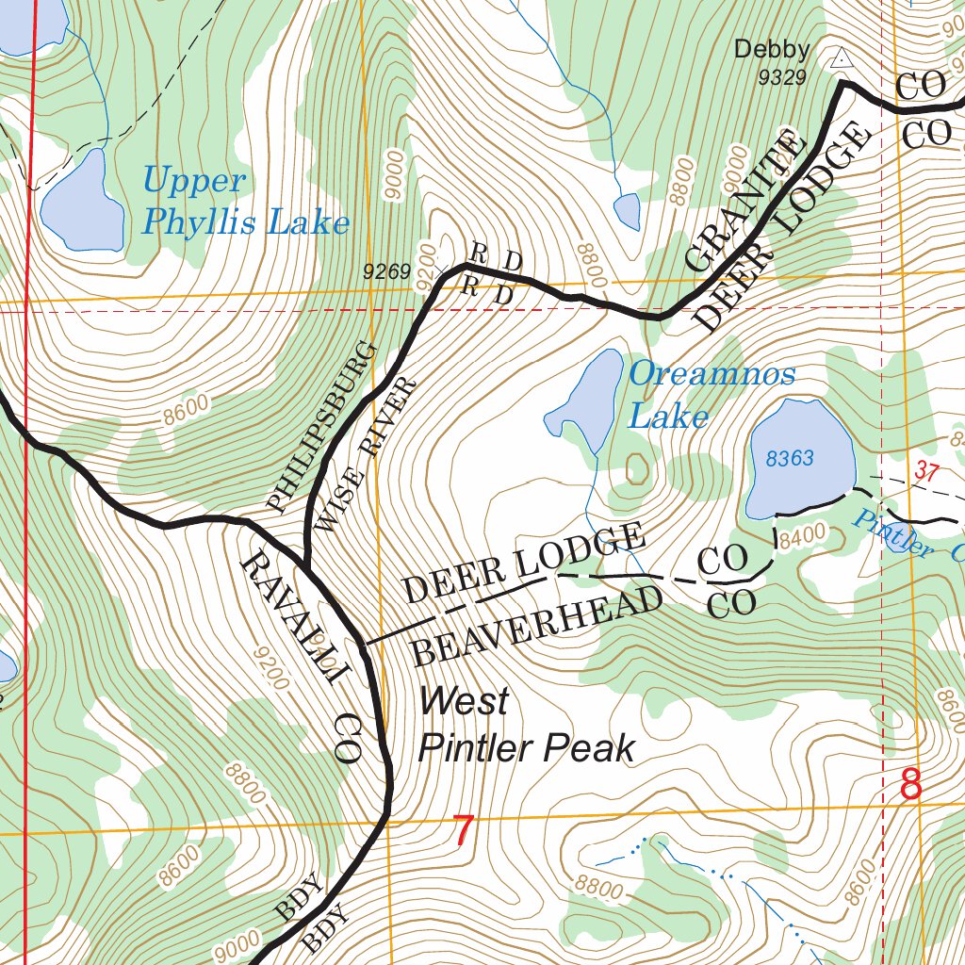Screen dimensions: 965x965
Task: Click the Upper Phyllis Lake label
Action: tap(245, 201)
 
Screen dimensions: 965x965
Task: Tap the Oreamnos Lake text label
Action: tap(711, 394)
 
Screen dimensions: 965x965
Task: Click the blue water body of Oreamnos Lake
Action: tap(590, 401)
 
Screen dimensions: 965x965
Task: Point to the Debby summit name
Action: tap(772, 49)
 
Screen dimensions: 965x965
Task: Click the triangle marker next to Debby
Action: tap(841, 58)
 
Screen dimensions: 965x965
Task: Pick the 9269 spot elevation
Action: tap(387, 272)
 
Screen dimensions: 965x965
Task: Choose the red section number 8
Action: tap(910, 785)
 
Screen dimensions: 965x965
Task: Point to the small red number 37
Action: tap(927, 474)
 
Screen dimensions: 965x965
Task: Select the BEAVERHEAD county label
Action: tap(538, 626)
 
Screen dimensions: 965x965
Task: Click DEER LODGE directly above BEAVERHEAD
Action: tap(524, 564)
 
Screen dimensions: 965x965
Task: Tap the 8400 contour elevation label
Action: tap(802, 532)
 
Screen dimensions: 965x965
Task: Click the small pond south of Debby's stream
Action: tap(627, 210)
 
